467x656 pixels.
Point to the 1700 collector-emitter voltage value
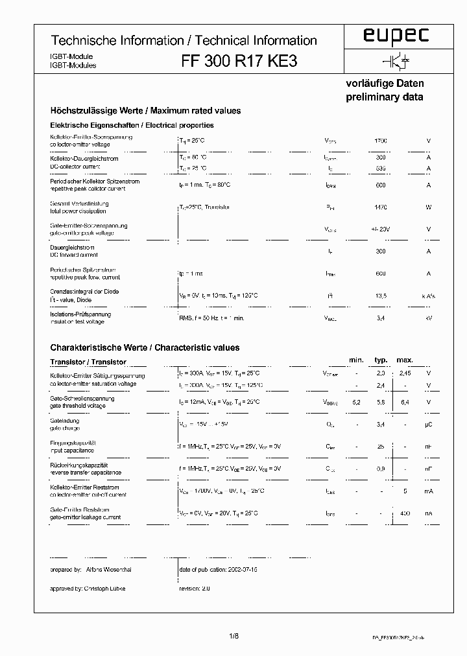pyautogui.click(x=381, y=141)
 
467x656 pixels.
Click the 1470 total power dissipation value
pyautogui.click(x=381, y=207)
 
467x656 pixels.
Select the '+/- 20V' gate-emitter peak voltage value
pyautogui.click(x=381, y=229)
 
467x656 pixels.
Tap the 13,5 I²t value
pyautogui.click(x=381, y=296)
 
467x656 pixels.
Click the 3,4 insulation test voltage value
pyautogui.click(x=381, y=318)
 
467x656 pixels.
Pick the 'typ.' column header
pyautogui.click(x=381, y=360)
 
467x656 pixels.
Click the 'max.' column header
pyautogui.click(x=405, y=360)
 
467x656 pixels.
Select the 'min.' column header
pyautogui.click(x=356, y=360)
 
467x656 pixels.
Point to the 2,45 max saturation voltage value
pyautogui.click(x=405, y=373)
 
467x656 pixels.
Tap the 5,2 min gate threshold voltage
pyautogui.click(x=356, y=403)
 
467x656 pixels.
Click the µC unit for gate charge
pyautogui.click(x=428, y=425)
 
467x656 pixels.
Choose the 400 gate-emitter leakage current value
pyautogui.click(x=405, y=513)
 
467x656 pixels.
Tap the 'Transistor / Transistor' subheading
pyautogui.click(x=88, y=362)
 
